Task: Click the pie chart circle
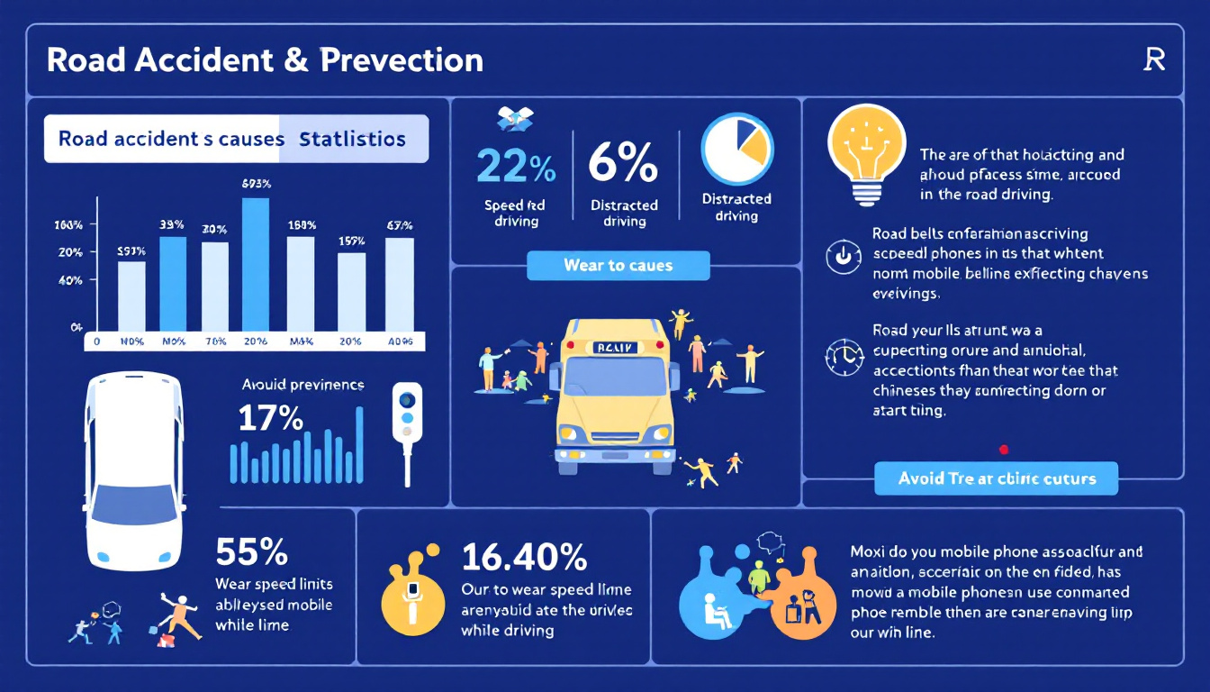(737, 148)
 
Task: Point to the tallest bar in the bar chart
(256, 264)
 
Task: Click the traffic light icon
(408, 415)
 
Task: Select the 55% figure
(251, 551)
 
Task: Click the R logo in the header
(1153, 60)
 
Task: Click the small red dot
(1004, 449)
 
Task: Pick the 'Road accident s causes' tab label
(171, 140)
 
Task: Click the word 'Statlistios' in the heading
(352, 140)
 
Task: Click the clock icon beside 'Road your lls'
(844, 358)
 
